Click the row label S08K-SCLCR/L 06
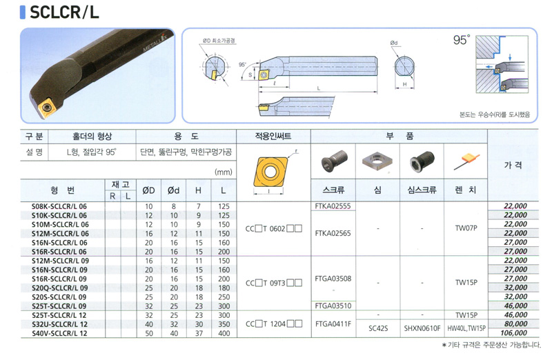61,206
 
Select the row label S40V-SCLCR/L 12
61,334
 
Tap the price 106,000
512,334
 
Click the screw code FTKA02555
333,206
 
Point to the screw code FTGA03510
333,304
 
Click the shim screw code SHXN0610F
422,329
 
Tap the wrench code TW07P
466,224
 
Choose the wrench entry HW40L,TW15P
466,329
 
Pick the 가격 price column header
513,166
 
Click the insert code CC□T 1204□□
274,323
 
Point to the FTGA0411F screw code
333,323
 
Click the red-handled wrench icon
466,163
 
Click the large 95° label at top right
461,41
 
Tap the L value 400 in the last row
222,334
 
